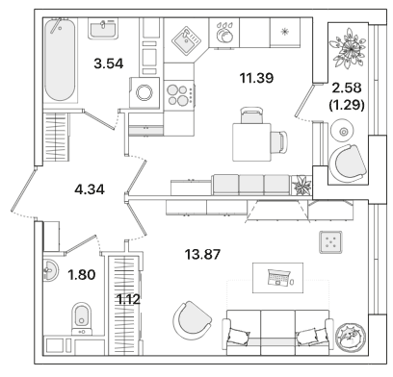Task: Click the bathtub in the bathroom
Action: coord(60,60)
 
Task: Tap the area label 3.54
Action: coord(109,63)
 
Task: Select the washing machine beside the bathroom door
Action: coord(144,92)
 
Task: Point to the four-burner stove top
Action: coord(179,95)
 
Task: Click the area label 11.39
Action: coord(256,78)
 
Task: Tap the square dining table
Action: coord(251,142)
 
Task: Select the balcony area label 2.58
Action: coord(347,88)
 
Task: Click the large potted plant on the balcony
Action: coord(349,48)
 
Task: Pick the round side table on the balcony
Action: coord(343,131)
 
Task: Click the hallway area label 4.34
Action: coord(90,189)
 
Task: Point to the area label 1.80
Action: coord(82,275)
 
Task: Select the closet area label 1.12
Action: coord(128,300)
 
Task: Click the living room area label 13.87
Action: coord(202,255)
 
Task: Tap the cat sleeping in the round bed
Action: coord(350,337)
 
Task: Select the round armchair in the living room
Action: coord(192,320)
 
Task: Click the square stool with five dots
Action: coord(330,241)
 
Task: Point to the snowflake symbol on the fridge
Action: coord(284,32)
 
